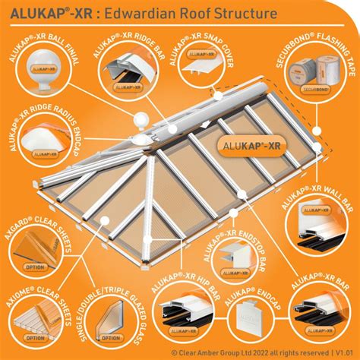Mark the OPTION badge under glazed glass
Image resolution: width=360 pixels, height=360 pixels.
pos(111,336)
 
